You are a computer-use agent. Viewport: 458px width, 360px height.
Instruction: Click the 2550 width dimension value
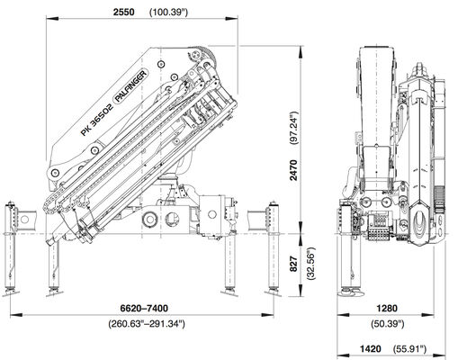click(x=124, y=12)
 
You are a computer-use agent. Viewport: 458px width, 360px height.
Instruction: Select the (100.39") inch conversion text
click(x=168, y=13)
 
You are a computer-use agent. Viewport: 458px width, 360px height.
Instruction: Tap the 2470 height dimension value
click(x=293, y=170)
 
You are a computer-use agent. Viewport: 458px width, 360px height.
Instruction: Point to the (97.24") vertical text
click(x=293, y=128)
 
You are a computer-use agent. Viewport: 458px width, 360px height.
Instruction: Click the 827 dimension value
click(x=293, y=264)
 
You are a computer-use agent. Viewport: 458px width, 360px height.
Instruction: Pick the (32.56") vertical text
click(x=311, y=264)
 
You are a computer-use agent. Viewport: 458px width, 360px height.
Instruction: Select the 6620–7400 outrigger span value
click(x=144, y=308)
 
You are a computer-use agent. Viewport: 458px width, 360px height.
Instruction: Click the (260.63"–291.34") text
click(x=147, y=324)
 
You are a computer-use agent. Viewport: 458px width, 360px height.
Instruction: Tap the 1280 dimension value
click(x=387, y=308)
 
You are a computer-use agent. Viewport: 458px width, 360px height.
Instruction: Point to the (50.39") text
click(x=388, y=324)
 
